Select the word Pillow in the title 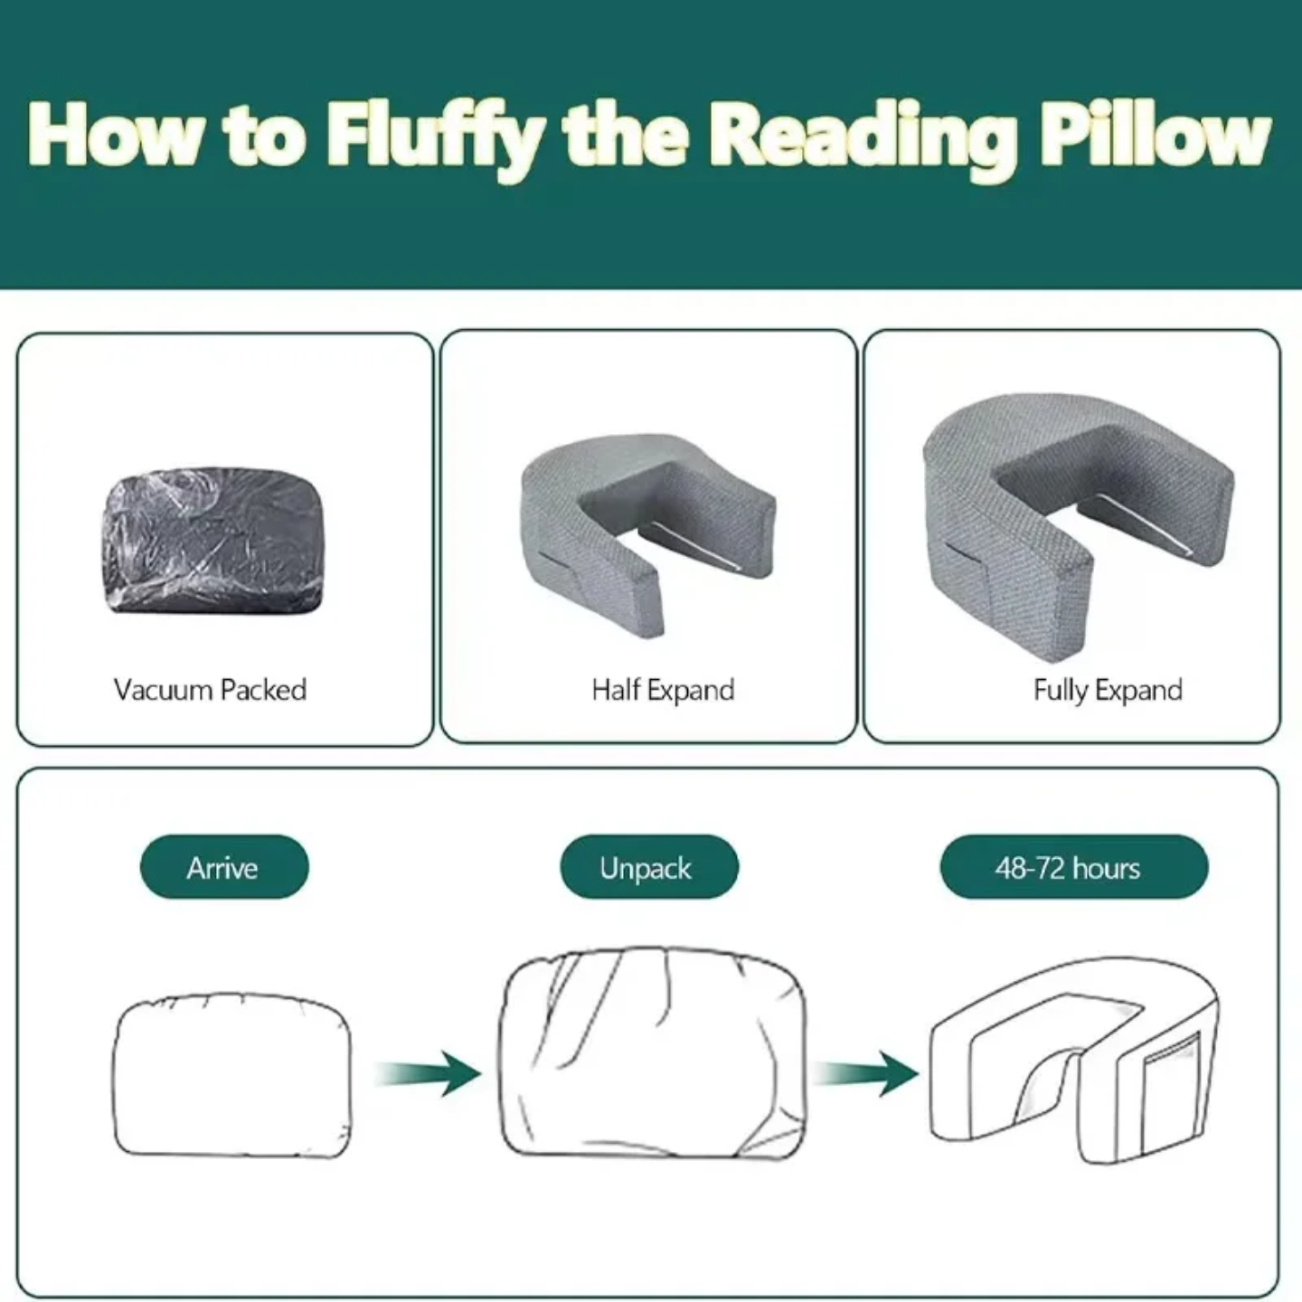(1155, 136)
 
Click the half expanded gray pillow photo (647, 533)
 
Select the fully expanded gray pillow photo (1076, 515)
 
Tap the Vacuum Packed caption (210, 690)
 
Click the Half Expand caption (663, 690)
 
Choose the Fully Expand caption (1108, 690)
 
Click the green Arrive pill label (223, 867)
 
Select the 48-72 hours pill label (1073, 867)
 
